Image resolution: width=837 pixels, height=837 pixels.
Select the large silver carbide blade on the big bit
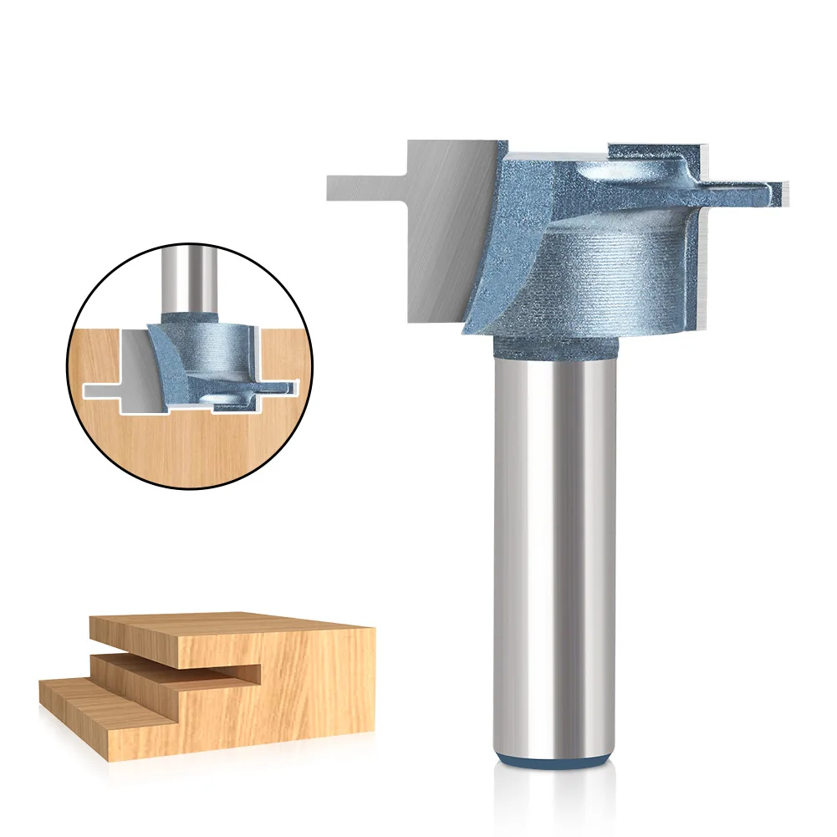(443, 234)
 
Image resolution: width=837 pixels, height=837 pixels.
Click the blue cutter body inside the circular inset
(205, 351)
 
